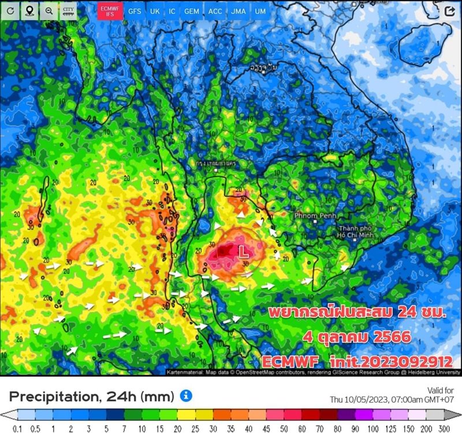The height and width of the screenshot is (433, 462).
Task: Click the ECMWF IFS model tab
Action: [110, 11]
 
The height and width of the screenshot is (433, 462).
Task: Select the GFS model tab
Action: [135, 11]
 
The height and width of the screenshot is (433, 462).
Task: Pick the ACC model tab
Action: [215, 11]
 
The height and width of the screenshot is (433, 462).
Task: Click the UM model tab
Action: [260, 11]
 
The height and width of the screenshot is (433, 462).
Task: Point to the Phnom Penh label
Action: [314, 215]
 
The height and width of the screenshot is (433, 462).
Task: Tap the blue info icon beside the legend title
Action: [186, 395]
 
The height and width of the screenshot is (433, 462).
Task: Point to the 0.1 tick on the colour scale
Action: [17, 427]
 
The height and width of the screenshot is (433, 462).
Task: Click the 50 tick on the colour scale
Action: [285, 427]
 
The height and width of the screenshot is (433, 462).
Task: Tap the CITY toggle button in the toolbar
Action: [69, 11]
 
